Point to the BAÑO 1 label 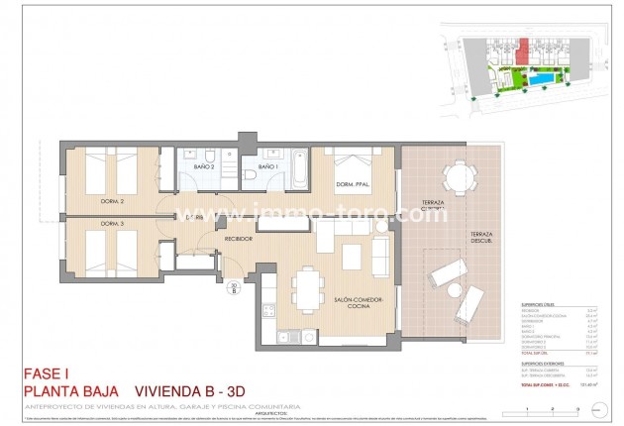[266, 167]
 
